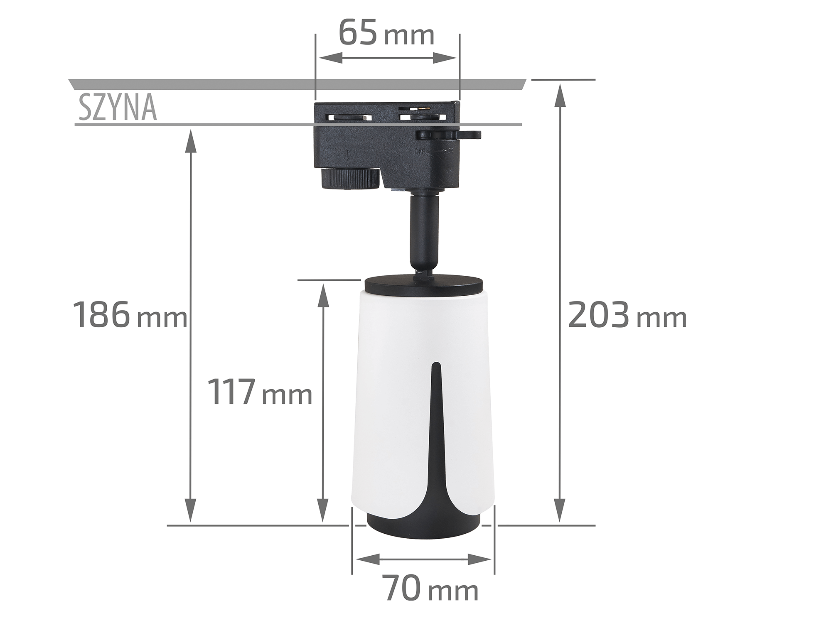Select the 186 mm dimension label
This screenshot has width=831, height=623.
click(130, 315)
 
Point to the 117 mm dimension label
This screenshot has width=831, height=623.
click(260, 392)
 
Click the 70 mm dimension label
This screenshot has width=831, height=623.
click(430, 588)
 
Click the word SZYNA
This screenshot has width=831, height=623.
click(118, 108)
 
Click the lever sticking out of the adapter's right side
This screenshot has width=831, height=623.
click(449, 135)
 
